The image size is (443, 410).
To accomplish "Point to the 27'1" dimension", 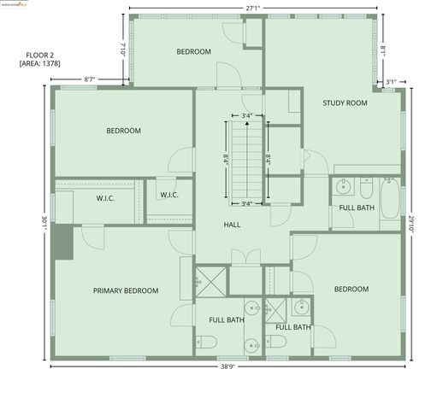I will click(x=252, y=9).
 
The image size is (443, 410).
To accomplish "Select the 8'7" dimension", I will click(x=89, y=79).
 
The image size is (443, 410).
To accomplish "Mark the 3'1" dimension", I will click(x=391, y=82).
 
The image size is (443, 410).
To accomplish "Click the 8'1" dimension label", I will click(x=383, y=50).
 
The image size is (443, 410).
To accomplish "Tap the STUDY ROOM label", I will click(x=345, y=103).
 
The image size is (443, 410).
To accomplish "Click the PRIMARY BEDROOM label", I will click(x=126, y=290).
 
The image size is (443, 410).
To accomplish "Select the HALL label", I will click(x=232, y=225).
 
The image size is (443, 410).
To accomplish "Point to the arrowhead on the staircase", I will click(x=246, y=124).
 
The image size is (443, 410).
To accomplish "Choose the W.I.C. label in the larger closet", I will click(x=105, y=197).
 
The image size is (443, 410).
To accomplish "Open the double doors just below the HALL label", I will click(x=246, y=257).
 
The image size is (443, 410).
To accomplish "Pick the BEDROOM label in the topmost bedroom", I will click(x=193, y=52).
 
